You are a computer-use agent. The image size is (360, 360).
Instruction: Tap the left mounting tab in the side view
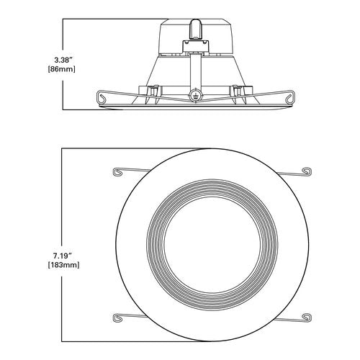click(x=153, y=91)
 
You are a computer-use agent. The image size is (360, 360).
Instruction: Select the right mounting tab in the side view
click(x=236, y=91)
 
